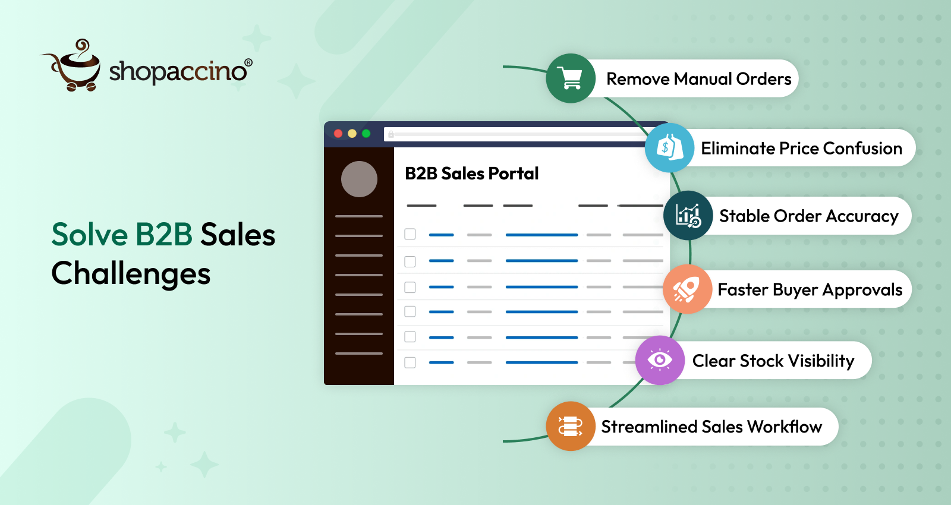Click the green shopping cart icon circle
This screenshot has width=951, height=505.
click(x=571, y=78)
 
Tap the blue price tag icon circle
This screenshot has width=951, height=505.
click(x=670, y=148)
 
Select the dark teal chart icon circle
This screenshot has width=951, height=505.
click(x=688, y=216)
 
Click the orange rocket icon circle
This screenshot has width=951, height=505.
click(x=687, y=289)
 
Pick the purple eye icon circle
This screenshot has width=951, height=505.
click(x=660, y=360)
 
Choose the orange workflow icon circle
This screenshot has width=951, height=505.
click(x=571, y=427)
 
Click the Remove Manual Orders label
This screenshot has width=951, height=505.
click(x=698, y=79)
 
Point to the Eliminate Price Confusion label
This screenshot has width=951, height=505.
click(x=801, y=149)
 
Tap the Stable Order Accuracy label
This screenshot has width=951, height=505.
click(x=808, y=216)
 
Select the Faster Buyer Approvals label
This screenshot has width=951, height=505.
click(x=810, y=290)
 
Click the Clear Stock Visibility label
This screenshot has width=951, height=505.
click(x=773, y=361)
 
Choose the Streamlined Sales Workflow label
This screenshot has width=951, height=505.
click(x=711, y=427)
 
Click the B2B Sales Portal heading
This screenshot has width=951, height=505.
click(x=471, y=173)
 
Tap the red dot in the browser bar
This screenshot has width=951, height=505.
click(x=338, y=134)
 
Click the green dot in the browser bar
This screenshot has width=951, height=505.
click(x=366, y=134)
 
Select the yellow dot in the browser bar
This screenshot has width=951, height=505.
click(x=352, y=134)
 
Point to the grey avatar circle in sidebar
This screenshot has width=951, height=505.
click(x=359, y=179)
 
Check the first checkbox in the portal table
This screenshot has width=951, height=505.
click(x=410, y=234)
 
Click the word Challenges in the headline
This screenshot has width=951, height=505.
click(x=131, y=274)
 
